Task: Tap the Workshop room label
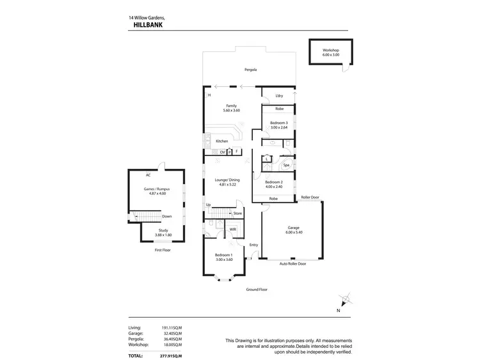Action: [x=331, y=50]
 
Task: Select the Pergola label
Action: [x=250, y=69]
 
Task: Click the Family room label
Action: [x=232, y=106]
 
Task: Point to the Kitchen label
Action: [x=222, y=141]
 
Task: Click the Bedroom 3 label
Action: [x=278, y=123]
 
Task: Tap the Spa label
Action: [x=286, y=166]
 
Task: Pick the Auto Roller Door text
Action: [x=292, y=263]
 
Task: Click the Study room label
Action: [x=163, y=231]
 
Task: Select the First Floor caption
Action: [x=163, y=250]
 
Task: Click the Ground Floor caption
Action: [x=257, y=289]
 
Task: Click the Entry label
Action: [x=253, y=245]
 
